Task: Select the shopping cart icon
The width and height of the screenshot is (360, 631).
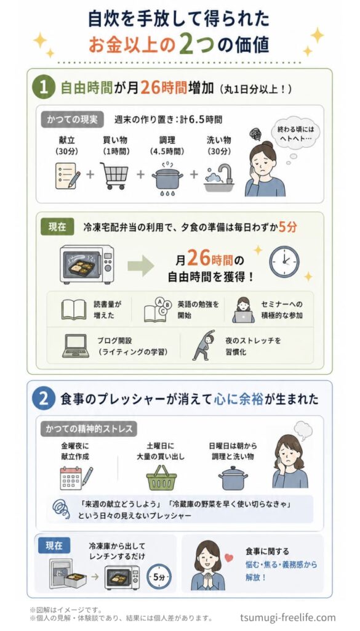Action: pos(114,176)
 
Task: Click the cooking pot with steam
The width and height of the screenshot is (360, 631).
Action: pos(167,177)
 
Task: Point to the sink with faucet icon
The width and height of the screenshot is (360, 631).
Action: pos(219,177)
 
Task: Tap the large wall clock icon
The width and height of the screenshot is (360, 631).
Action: pos(284,261)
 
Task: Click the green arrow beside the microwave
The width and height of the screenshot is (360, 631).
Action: pos(141,266)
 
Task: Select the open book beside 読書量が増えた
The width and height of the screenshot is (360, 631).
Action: pos(73,310)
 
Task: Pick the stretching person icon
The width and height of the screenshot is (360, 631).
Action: pos(203,345)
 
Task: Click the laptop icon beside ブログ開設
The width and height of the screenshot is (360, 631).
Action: pos(76,346)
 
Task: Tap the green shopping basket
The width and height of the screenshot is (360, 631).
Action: pos(161,478)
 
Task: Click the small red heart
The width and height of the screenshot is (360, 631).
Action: pos(229,558)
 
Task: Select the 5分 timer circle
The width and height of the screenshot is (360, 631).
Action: pos(159,576)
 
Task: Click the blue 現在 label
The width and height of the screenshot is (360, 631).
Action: pos(54,546)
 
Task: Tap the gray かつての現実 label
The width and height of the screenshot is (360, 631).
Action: pos(73,120)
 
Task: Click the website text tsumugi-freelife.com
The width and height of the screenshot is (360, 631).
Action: pos(287,617)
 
